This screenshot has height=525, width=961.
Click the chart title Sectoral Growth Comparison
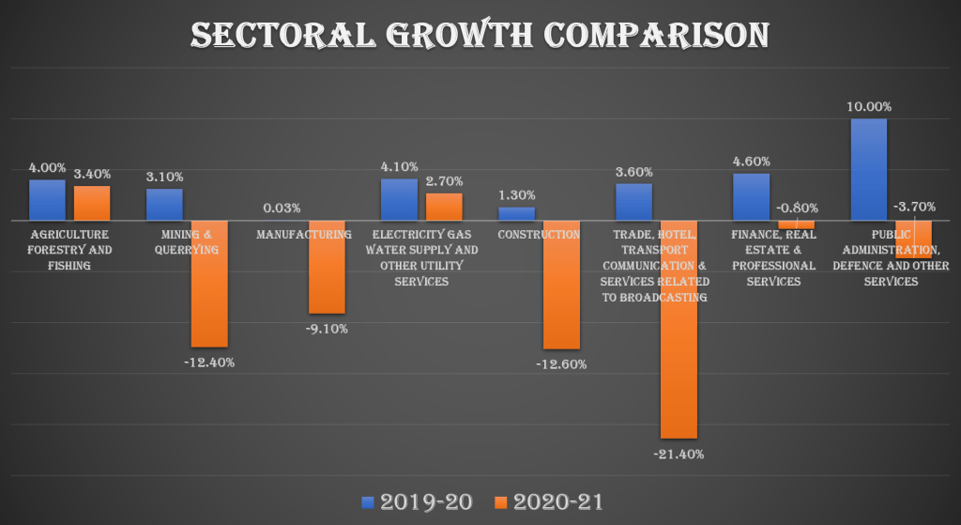point(480,36)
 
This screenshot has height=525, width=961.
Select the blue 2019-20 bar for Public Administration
point(868,169)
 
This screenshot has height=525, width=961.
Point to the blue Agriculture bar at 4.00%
point(47,199)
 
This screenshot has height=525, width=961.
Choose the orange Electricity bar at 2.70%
point(445,207)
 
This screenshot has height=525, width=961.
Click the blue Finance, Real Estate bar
point(751,196)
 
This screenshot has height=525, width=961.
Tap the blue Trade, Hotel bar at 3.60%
point(633,202)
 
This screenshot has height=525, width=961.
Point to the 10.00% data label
point(868,107)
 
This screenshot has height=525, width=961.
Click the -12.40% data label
point(209,362)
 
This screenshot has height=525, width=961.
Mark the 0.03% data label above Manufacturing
point(282,208)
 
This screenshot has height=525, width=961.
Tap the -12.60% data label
point(561,363)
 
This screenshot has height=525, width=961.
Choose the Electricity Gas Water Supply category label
point(423,257)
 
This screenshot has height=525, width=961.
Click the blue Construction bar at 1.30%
point(516,213)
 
